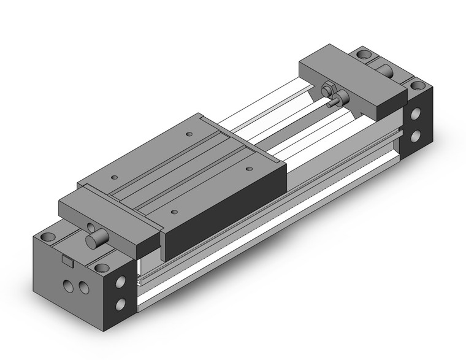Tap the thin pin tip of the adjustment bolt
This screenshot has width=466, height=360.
pos(330,105)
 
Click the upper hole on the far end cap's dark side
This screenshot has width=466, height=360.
pos(417,114)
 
